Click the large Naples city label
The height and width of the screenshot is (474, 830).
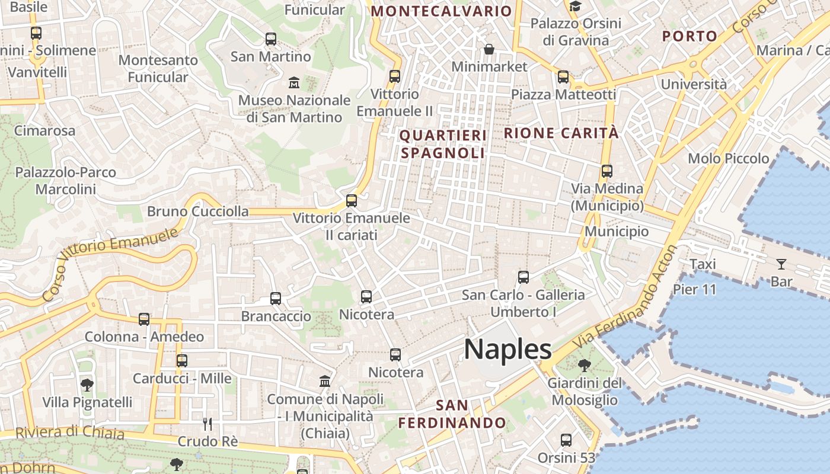click(x=507, y=349)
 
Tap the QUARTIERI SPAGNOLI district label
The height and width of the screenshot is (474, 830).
click(x=443, y=144)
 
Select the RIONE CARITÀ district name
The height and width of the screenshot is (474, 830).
click(x=561, y=133)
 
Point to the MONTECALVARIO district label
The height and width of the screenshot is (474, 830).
click(x=441, y=11)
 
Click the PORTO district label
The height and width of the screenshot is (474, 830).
click(x=689, y=36)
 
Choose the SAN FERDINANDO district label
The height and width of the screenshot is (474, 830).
click(x=452, y=414)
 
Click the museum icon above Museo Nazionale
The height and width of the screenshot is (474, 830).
click(x=293, y=82)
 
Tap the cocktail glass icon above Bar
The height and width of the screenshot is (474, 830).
click(x=781, y=264)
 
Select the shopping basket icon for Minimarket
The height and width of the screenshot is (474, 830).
click(x=489, y=49)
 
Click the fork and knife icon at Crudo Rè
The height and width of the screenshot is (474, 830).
click(x=207, y=424)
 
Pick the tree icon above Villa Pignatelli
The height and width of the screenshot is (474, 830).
click(x=87, y=385)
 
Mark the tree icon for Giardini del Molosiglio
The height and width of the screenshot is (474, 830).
click(x=584, y=365)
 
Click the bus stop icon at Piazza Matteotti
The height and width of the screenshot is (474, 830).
click(x=563, y=77)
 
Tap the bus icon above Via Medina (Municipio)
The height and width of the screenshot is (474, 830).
click(x=606, y=171)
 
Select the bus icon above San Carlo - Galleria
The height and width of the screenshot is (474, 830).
click(x=523, y=277)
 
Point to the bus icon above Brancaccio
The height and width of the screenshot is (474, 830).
click(x=276, y=299)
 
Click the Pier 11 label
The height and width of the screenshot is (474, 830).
click(x=694, y=290)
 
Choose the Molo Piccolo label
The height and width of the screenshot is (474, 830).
click(x=728, y=158)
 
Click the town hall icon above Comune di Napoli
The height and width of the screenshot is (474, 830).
click(x=325, y=381)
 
